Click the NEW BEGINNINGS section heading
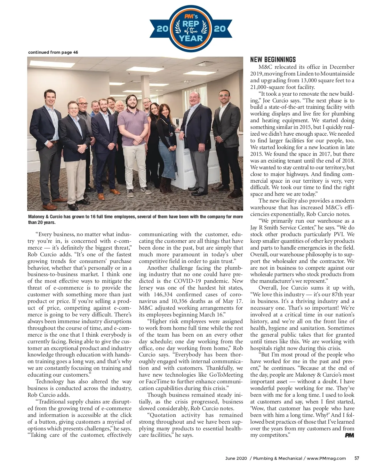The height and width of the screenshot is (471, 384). click(x=273, y=60)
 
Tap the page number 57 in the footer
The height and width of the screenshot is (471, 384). click(x=356, y=458)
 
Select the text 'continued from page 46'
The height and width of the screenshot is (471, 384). click(x=53, y=52)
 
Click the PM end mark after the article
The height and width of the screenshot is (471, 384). click(x=349, y=435)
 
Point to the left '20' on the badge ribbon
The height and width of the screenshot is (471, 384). click(x=163, y=29)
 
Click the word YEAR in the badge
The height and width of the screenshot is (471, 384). click(x=191, y=39)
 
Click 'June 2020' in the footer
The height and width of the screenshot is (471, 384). click(x=236, y=458)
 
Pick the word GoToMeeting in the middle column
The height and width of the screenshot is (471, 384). click(x=226, y=375)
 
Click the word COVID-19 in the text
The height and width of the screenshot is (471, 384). click(x=188, y=281)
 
